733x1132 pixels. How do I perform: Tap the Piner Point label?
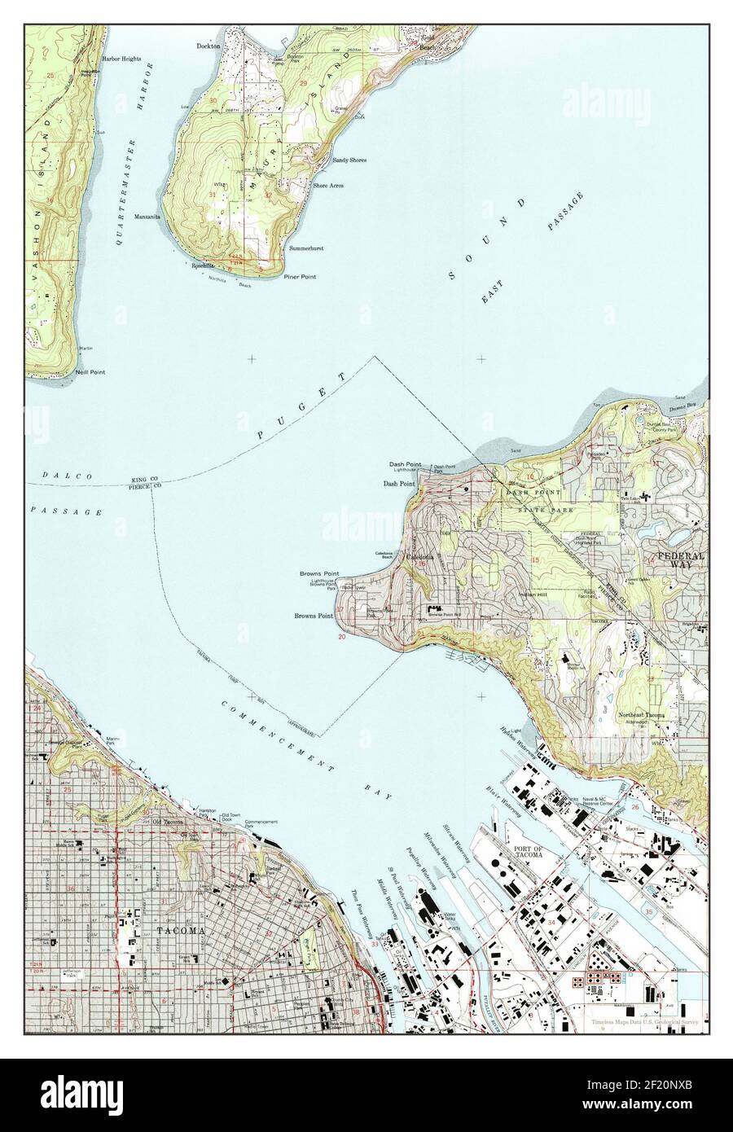click(x=300, y=277)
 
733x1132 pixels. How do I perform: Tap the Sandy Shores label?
click(x=349, y=160)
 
